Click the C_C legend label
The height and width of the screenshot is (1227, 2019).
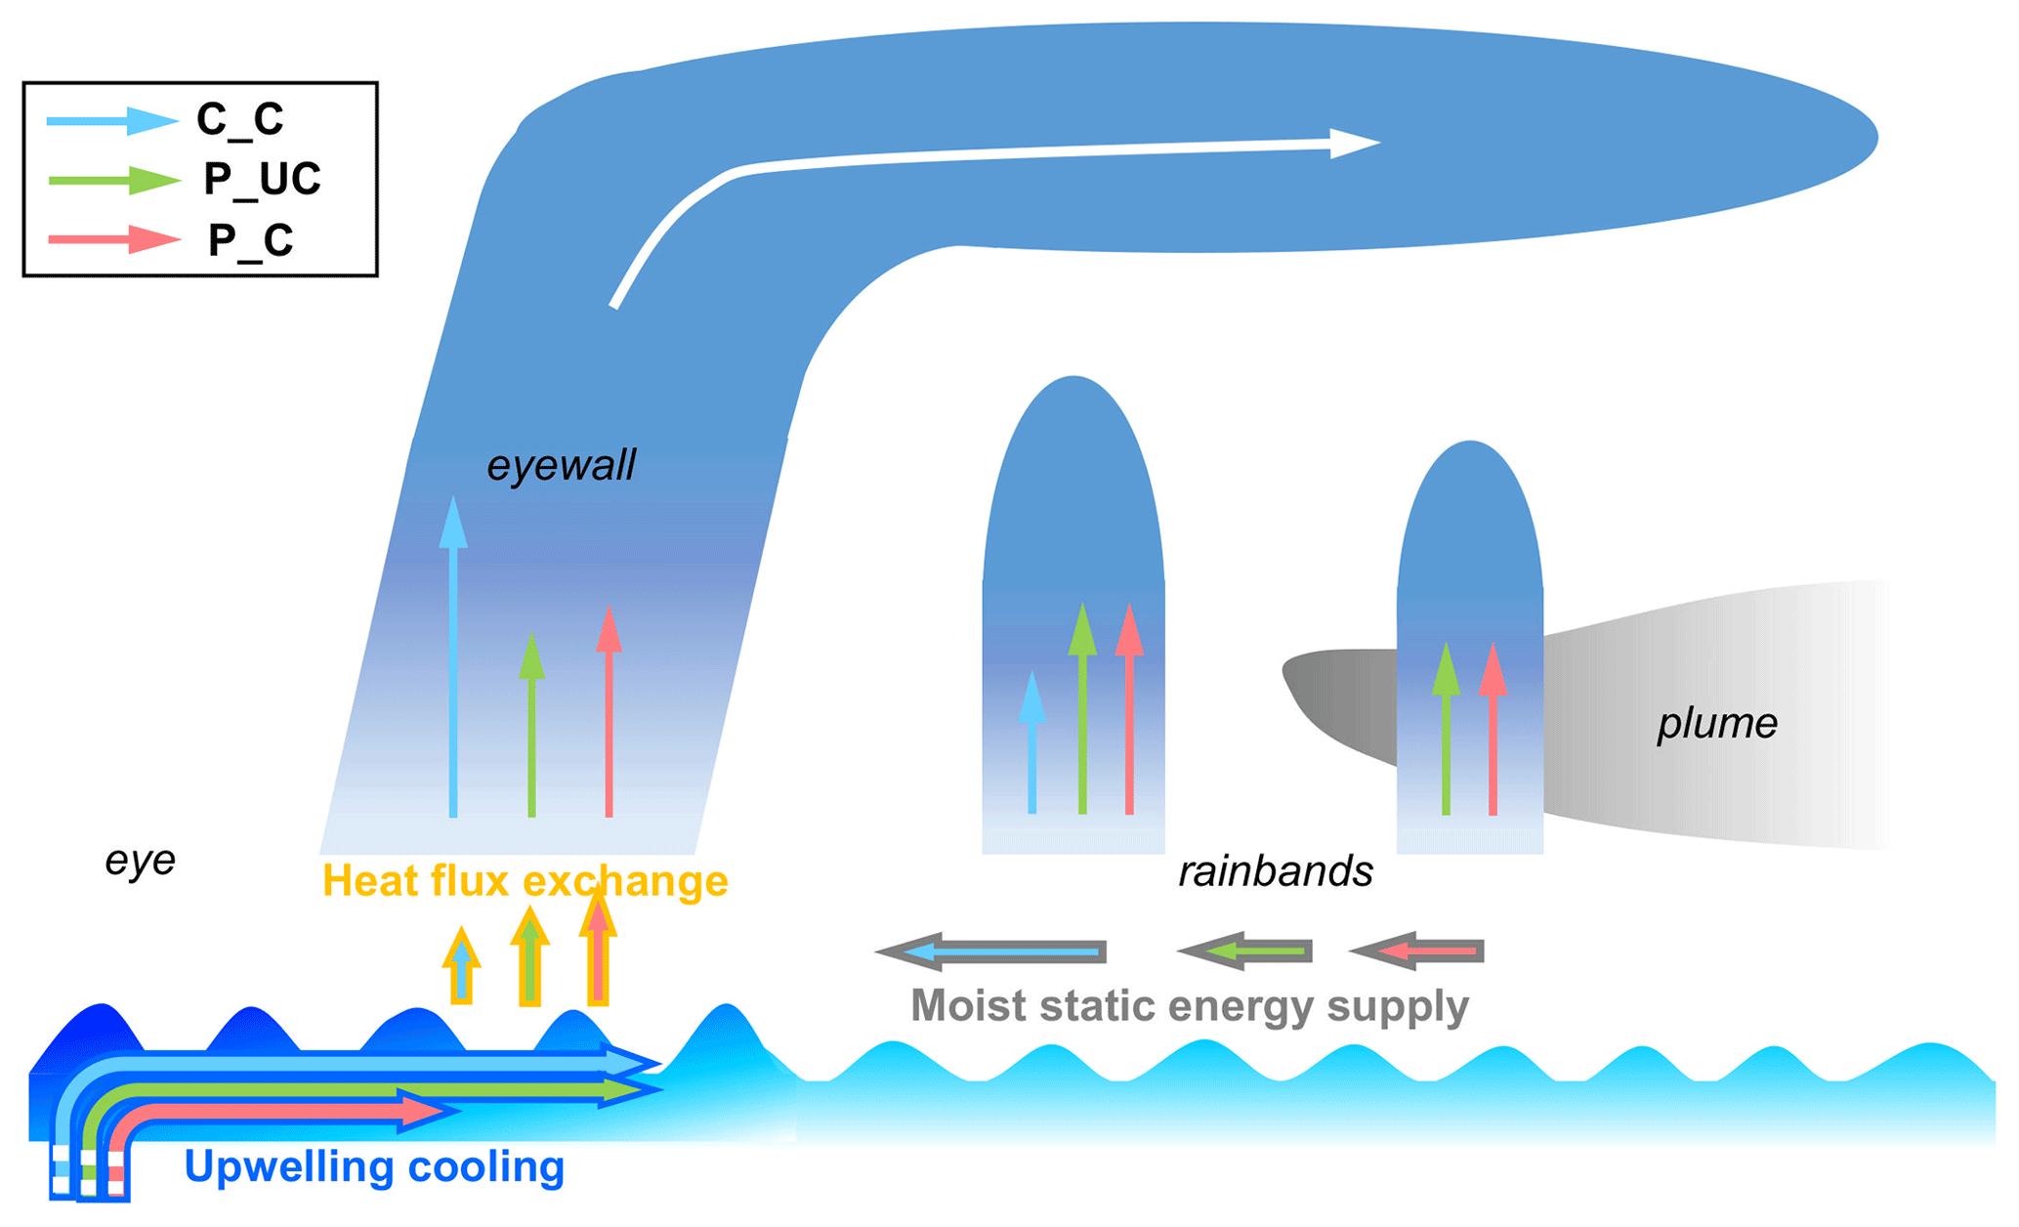pos(240,119)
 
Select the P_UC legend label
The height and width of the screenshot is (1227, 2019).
pos(262,179)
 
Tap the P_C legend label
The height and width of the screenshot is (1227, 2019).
pos(251,240)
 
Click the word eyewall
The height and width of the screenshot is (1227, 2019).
pos(561,465)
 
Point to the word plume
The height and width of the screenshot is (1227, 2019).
pos(1716,724)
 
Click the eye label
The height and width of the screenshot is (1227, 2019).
pos(140,860)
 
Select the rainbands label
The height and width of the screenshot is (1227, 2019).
pos(1275,871)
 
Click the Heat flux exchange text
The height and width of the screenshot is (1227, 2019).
pos(525,880)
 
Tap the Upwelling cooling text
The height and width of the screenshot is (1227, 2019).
pos(374,1166)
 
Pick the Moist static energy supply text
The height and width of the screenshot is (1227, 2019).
pos(1189,1005)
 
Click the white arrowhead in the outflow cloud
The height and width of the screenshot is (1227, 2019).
pos(1353,143)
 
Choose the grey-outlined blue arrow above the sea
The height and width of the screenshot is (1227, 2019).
pos(991,952)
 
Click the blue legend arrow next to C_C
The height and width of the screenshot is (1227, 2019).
pos(112,120)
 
